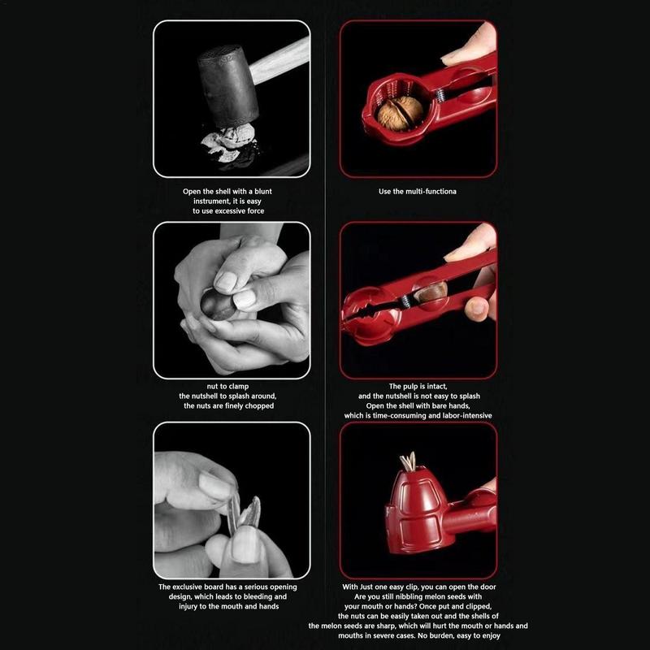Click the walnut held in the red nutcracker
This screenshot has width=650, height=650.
click(x=400, y=113)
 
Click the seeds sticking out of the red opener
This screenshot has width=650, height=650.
click(x=408, y=464)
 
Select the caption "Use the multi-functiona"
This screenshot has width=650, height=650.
click(x=418, y=192)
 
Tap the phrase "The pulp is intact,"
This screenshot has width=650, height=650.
click(x=418, y=387)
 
